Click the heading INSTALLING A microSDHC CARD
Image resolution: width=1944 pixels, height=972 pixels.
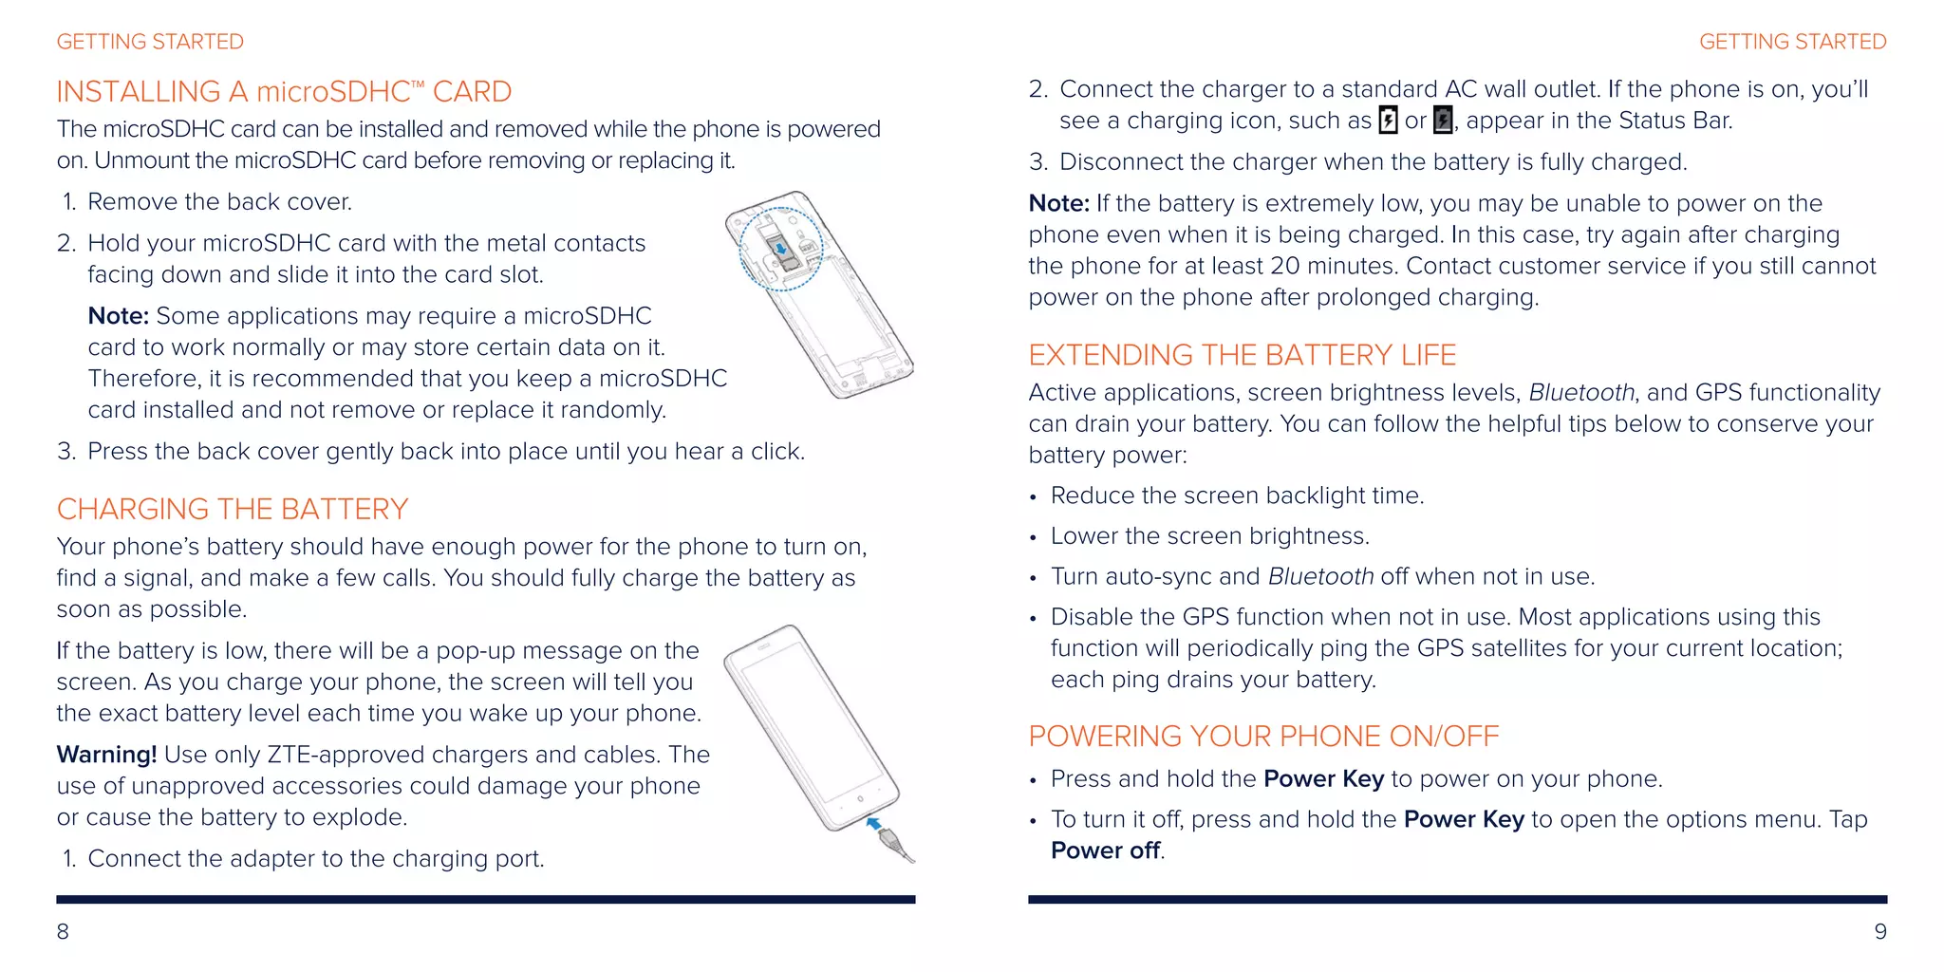284,91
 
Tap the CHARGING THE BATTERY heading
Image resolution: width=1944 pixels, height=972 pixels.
233,509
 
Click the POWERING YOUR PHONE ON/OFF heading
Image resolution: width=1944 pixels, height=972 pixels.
1263,737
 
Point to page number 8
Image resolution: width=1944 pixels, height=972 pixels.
63,931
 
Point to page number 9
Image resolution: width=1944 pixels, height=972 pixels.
1880,931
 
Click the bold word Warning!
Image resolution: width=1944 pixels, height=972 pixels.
106,755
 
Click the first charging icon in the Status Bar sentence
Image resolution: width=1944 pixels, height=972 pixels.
1388,121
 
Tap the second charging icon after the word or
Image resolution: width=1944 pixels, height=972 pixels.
1443,121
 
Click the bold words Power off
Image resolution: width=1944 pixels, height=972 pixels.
1105,850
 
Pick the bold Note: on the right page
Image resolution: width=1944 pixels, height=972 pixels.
1059,203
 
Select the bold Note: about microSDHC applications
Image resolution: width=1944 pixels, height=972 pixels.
119,316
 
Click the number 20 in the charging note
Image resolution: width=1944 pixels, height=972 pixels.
1285,266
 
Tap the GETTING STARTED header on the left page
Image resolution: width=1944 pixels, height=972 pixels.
150,42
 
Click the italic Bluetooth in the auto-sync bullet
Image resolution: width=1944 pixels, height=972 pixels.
1320,576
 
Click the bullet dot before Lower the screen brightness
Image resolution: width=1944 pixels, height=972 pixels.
1034,538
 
